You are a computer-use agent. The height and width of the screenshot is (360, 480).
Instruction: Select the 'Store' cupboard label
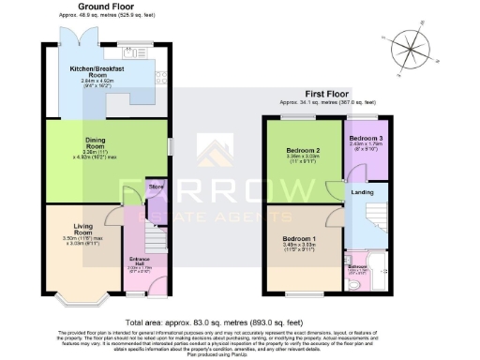[x=157, y=187]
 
